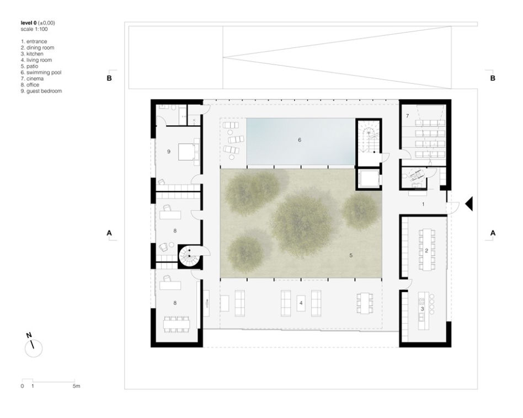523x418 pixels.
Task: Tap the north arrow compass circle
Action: click(x=34, y=349)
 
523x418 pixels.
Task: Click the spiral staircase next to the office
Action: click(x=189, y=256)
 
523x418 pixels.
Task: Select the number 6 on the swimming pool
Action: click(x=300, y=140)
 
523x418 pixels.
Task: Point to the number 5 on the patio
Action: click(x=351, y=255)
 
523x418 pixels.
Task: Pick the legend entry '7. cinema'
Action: click(x=32, y=79)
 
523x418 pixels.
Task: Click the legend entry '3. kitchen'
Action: click(x=32, y=53)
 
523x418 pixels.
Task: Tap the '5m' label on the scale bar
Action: click(x=76, y=386)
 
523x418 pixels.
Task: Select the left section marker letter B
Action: click(x=109, y=78)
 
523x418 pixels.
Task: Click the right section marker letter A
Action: click(x=493, y=233)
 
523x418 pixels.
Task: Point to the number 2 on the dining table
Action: click(x=426, y=251)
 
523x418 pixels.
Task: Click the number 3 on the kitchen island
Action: click(x=422, y=309)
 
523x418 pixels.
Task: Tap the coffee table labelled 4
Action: click(x=301, y=303)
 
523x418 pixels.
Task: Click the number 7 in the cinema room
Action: click(x=408, y=116)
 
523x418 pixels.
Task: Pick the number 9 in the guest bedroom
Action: click(x=169, y=152)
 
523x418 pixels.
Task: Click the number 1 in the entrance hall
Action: click(x=423, y=204)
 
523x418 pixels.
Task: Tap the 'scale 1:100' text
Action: click(x=34, y=29)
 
